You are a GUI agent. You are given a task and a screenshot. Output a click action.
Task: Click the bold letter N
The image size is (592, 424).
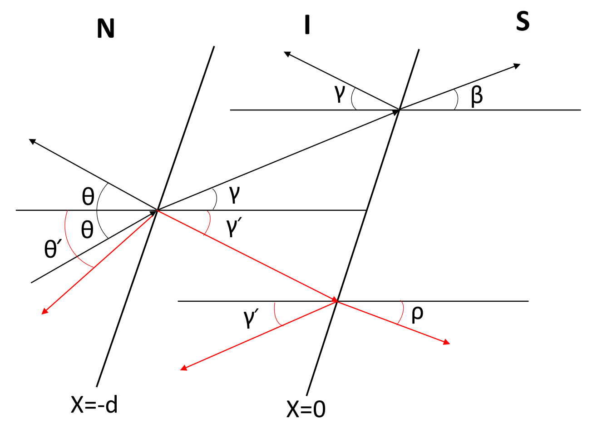[105, 29]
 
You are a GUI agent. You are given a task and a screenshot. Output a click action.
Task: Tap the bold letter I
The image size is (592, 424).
[307, 25]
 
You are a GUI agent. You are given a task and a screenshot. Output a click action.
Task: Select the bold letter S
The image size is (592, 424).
[523, 21]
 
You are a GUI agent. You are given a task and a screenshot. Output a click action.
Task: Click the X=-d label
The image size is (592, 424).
[94, 404]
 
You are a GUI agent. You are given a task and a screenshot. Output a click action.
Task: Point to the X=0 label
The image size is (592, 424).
[306, 409]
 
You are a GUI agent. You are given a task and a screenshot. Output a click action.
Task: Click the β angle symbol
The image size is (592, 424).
[477, 96]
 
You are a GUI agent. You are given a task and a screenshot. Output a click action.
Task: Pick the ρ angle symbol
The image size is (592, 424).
[417, 314]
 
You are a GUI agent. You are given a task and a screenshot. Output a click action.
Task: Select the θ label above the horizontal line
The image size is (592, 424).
[88, 196]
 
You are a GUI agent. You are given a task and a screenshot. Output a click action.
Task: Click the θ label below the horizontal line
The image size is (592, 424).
[87, 229]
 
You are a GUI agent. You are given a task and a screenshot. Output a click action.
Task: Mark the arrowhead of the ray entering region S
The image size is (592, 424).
[517, 66]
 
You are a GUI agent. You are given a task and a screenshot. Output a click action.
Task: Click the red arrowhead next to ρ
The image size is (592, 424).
[447, 343]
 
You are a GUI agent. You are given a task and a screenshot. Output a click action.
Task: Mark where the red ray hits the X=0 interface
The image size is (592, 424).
[337, 301]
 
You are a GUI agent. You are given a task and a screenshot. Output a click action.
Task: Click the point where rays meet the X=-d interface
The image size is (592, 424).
[157, 210]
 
